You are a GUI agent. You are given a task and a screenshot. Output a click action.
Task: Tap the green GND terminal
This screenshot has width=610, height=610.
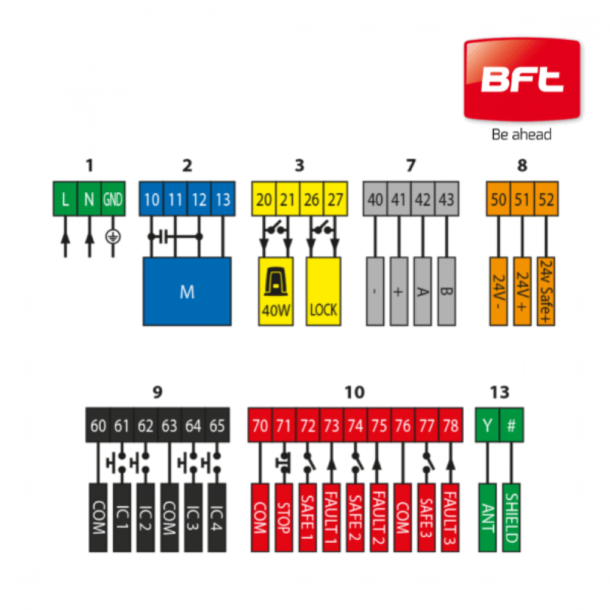tap(113, 199)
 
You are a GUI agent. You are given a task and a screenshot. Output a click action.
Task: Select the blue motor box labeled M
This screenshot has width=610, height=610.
tap(187, 292)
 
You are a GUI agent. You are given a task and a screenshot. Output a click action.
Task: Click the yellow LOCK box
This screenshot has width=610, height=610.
tap(323, 292)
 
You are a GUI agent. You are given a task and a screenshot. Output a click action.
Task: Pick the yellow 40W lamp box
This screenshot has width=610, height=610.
tap(276, 292)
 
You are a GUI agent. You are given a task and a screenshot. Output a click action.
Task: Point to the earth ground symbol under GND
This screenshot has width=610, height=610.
tap(113, 237)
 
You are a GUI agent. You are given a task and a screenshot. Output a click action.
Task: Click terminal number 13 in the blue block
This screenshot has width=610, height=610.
tap(223, 199)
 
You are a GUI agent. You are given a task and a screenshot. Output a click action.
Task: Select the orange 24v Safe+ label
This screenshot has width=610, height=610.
tap(546, 292)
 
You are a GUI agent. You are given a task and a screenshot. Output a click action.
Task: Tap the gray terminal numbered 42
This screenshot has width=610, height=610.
tap(423, 199)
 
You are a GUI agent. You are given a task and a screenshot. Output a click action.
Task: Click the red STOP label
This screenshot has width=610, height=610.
tap(284, 518)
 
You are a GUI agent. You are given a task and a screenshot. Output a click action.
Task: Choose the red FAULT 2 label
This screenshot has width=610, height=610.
tap(379, 518)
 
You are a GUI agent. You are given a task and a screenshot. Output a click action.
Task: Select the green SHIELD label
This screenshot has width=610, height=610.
tap(512, 518)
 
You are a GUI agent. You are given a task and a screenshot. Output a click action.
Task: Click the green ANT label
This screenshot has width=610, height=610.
tap(487, 518)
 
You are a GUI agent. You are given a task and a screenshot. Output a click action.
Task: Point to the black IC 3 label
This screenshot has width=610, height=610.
tap(193, 518)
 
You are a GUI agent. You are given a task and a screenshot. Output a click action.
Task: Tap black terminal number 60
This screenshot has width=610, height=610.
tap(98, 425)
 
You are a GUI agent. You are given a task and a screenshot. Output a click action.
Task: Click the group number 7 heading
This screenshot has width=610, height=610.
tap(411, 165)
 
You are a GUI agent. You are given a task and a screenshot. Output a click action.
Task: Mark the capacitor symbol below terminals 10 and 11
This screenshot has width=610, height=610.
tap(163, 237)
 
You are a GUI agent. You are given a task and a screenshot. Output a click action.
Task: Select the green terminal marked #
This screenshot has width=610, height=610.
tap(512, 425)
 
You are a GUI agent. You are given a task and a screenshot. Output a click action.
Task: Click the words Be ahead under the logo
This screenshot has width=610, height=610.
tap(522, 135)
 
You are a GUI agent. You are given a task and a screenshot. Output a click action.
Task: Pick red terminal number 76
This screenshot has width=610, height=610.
tap(403, 425)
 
